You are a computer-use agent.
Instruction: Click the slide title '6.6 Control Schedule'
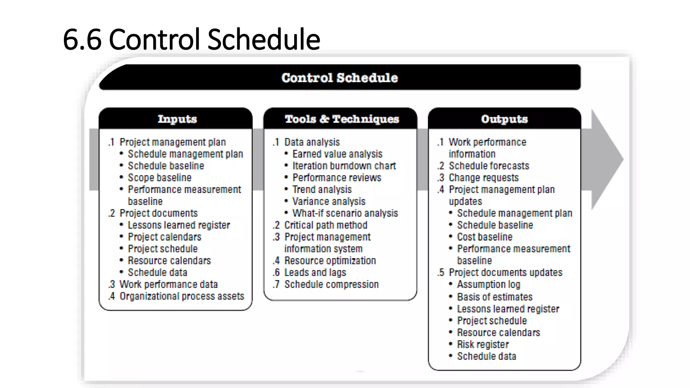click(191, 39)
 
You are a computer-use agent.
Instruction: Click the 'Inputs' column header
click(177, 119)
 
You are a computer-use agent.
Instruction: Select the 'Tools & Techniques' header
click(342, 119)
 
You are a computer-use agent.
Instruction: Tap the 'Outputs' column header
click(504, 119)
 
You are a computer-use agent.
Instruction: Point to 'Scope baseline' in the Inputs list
click(159, 177)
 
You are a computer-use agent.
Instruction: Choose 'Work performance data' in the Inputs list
click(168, 284)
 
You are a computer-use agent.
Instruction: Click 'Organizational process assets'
click(182, 296)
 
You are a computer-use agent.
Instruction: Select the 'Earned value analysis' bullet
click(337, 154)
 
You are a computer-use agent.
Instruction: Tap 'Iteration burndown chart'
click(344, 166)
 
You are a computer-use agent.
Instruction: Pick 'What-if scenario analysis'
click(345, 213)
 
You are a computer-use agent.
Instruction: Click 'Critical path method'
click(325, 225)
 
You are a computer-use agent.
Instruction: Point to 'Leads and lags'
click(315, 272)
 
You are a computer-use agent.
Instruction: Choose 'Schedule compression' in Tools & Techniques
click(331, 284)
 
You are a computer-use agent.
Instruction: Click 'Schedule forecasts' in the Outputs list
click(489, 166)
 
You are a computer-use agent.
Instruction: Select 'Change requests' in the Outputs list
click(483, 177)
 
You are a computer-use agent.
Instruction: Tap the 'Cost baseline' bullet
click(484, 237)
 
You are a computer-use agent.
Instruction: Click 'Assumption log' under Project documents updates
click(489, 285)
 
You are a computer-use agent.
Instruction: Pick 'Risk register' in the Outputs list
click(483, 344)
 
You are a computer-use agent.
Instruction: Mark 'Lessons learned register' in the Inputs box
click(179, 225)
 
